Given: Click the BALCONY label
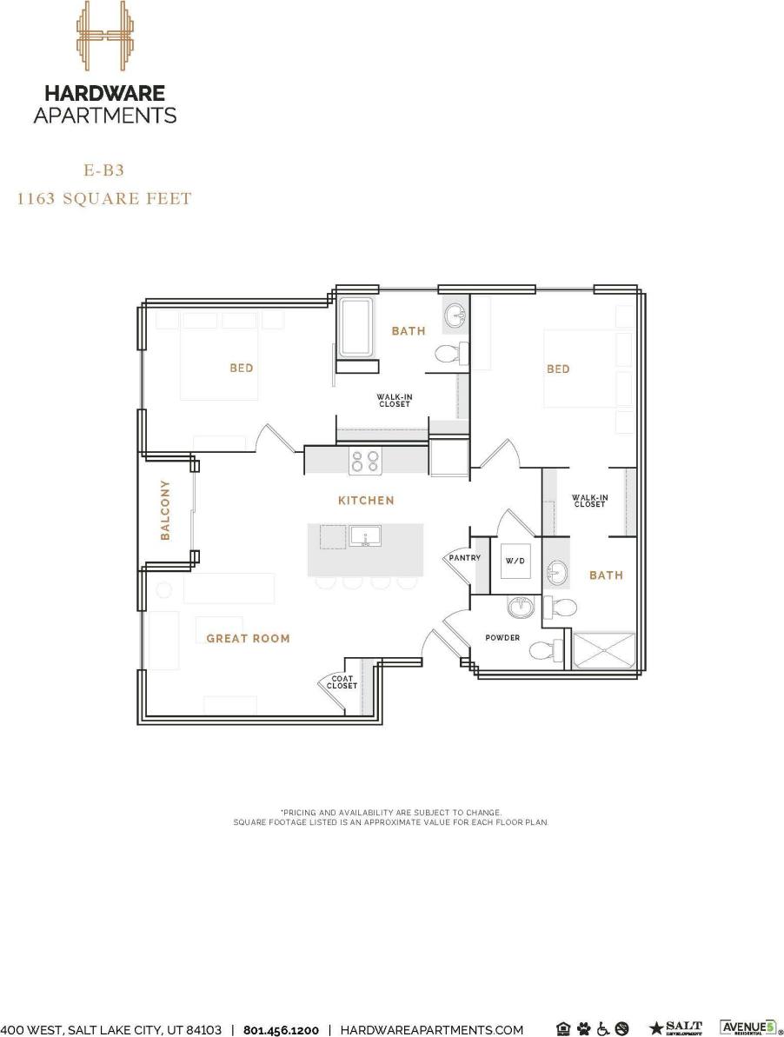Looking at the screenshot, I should click(x=165, y=510).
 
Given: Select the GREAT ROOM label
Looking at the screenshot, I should click(x=248, y=639).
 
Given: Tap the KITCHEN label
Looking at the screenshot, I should click(x=366, y=501).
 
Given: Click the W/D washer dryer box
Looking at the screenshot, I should click(x=515, y=562).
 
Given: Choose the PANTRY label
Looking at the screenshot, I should click(x=464, y=558).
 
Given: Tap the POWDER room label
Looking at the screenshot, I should click(x=502, y=638).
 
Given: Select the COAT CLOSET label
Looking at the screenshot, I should click(x=342, y=682).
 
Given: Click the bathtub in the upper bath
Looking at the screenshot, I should click(x=356, y=328).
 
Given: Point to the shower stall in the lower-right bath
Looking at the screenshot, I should click(x=604, y=650).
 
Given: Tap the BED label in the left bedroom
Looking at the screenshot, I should click(x=242, y=369).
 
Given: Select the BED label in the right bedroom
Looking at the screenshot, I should click(x=558, y=369).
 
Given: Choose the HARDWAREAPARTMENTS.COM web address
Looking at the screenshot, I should click(x=431, y=1030).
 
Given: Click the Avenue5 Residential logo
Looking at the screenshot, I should click(x=746, y=1028).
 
